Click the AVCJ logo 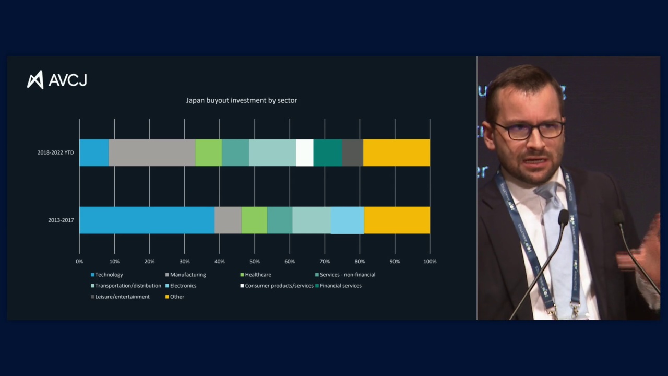(57, 80)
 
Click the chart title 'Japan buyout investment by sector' (242, 100)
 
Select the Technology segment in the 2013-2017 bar (147, 220)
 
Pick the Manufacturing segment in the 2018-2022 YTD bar (152, 152)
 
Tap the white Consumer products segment (304, 152)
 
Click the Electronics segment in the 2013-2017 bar (347, 220)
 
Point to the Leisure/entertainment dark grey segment (352, 152)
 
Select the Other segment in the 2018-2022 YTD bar (396, 152)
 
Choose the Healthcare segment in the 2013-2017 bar (254, 220)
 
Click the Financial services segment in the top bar (328, 152)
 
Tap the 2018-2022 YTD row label (55, 152)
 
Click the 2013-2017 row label (61, 220)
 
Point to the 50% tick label (254, 262)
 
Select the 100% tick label (430, 262)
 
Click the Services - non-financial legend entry (347, 275)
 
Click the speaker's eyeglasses (528, 130)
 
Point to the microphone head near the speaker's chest (563, 216)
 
